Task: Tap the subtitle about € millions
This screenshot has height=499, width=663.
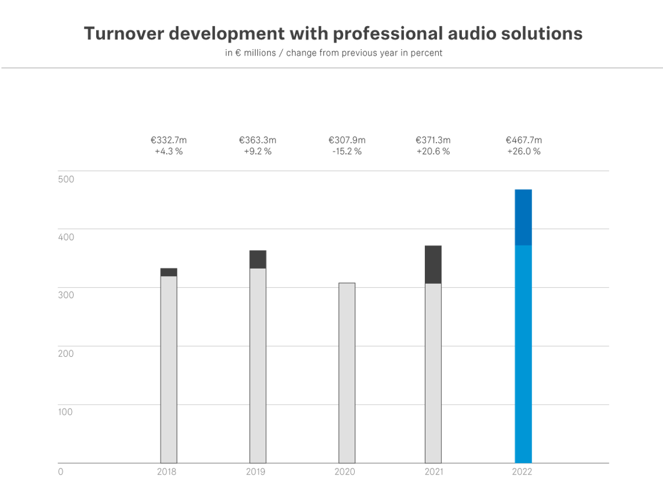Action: [333, 54]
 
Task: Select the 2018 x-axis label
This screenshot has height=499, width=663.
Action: [167, 472]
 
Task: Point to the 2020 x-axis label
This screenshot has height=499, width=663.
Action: [345, 472]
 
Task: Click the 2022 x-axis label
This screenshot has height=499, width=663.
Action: [522, 472]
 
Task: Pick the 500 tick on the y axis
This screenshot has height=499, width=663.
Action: [66, 179]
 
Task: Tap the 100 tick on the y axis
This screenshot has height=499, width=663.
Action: [66, 412]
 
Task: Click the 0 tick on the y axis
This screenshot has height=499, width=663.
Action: [61, 472]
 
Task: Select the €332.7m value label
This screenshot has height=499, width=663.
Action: [169, 141]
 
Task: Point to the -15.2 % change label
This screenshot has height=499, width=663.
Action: [346, 151]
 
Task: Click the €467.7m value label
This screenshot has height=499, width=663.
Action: [523, 141]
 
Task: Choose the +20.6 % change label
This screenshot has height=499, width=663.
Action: [433, 151]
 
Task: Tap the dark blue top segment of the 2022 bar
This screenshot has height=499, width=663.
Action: [523, 217]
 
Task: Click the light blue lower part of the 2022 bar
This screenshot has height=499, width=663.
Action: [523, 354]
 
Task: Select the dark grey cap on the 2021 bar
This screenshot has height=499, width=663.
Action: [433, 264]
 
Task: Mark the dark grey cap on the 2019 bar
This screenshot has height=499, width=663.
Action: [258, 259]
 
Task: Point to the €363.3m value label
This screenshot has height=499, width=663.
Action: [257, 141]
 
